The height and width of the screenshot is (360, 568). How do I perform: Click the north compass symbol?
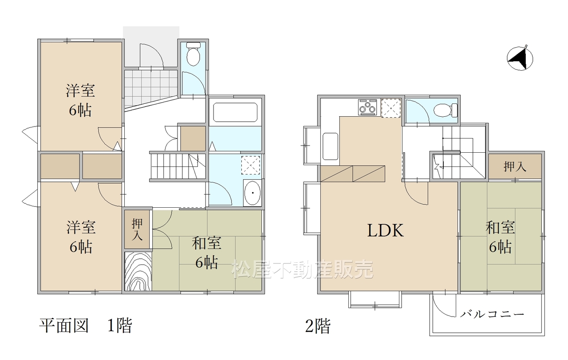(x=520, y=59)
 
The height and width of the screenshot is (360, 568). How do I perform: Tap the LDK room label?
(x=386, y=231)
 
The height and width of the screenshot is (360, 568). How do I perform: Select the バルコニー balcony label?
(x=492, y=314)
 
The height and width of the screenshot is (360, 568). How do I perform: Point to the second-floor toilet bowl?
(x=445, y=111)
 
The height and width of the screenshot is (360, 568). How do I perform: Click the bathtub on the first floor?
(x=235, y=112)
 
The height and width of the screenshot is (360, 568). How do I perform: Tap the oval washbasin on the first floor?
(x=252, y=193)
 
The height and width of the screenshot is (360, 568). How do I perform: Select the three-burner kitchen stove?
(x=367, y=107)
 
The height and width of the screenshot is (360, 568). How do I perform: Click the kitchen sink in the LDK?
(x=331, y=146)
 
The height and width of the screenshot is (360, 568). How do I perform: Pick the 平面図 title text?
(x=63, y=325)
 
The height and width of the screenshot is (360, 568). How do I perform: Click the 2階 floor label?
(x=318, y=326)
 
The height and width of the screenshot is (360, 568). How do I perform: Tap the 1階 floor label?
(x=120, y=325)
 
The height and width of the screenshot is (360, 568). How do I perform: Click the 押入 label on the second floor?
(x=515, y=166)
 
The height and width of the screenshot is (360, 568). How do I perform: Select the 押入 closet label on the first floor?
(x=137, y=229)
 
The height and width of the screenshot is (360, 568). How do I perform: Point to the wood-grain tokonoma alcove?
(x=138, y=271)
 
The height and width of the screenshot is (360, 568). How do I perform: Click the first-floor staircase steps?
(x=178, y=166)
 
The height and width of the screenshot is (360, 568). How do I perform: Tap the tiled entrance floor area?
(x=150, y=87)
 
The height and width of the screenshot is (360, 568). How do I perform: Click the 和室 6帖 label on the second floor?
(x=500, y=237)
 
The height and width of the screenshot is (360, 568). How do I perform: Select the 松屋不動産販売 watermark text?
(x=302, y=269)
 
